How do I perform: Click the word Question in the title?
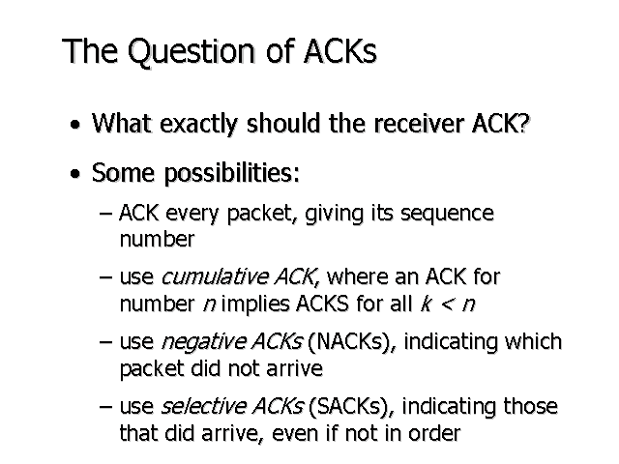192,51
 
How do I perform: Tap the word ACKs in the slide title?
340,50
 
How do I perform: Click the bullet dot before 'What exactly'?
75,125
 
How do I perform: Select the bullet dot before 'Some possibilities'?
75,174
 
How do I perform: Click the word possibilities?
232,174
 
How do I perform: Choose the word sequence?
447,215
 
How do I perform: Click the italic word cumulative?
215,276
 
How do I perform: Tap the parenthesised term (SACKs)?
351,406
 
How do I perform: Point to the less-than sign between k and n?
447,304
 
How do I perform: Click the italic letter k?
426,304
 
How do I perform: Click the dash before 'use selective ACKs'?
105,407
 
